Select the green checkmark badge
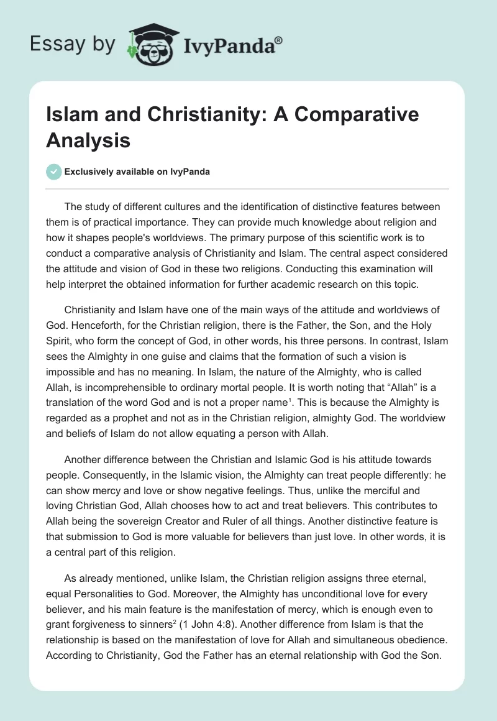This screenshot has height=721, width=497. click(x=54, y=172)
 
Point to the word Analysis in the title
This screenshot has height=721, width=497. click(x=88, y=140)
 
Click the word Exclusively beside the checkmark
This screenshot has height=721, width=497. click(x=90, y=172)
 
